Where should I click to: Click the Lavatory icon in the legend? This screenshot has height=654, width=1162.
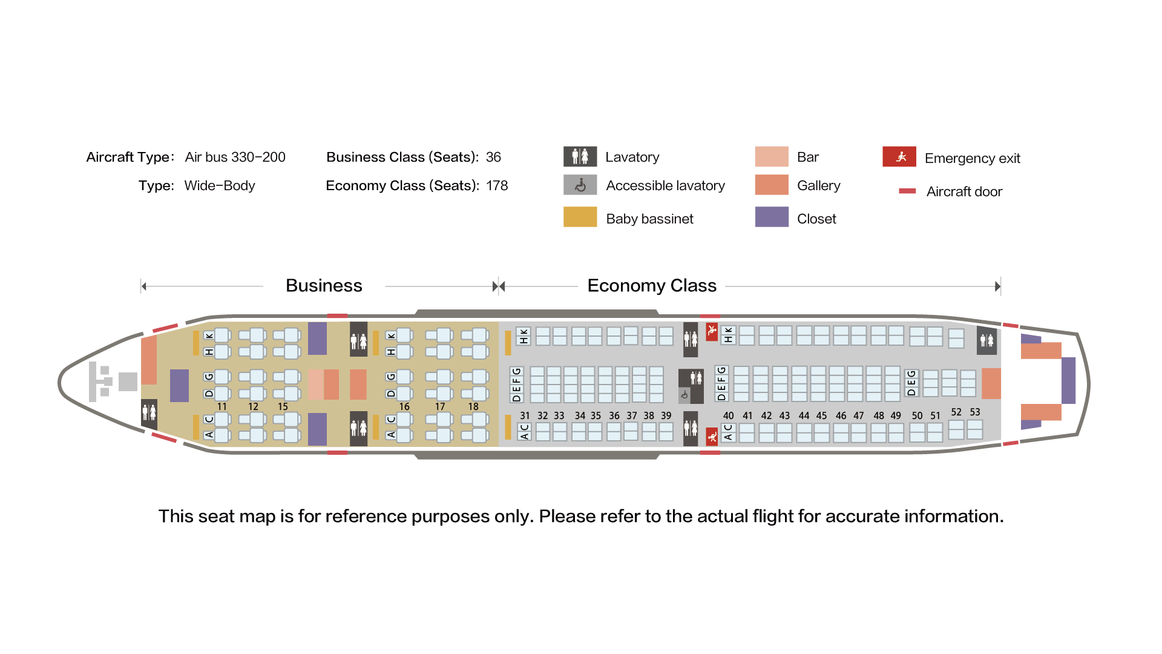(580, 157)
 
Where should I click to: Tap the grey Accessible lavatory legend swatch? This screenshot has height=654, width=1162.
(580, 185)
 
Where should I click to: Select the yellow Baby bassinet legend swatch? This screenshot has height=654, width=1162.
(580, 217)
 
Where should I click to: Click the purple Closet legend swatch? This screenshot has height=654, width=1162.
(772, 217)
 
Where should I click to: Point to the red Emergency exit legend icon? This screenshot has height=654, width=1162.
(899, 156)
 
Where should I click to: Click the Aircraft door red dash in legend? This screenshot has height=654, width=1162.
(907, 191)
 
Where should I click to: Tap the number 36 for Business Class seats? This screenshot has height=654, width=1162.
(493, 157)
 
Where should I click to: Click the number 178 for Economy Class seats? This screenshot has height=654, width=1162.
(497, 186)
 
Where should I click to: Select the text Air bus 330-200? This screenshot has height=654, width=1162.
(235, 157)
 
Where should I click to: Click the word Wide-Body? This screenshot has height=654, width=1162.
(220, 186)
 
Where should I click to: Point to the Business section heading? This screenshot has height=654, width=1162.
(324, 285)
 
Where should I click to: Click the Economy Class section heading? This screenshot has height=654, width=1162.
(652, 285)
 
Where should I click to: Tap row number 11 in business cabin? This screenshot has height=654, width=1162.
(222, 407)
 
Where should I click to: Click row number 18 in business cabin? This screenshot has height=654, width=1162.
(473, 407)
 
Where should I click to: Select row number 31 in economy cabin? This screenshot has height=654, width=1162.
(525, 416)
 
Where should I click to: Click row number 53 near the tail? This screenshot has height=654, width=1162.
(975, 412)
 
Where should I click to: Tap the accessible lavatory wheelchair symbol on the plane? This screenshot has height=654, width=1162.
(684, 395)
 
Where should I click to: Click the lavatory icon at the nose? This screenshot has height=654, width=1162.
(149, 414)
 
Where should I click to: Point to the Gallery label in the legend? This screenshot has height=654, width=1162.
(818, 186)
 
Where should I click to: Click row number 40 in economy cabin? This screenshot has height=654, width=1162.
(729, 416)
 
